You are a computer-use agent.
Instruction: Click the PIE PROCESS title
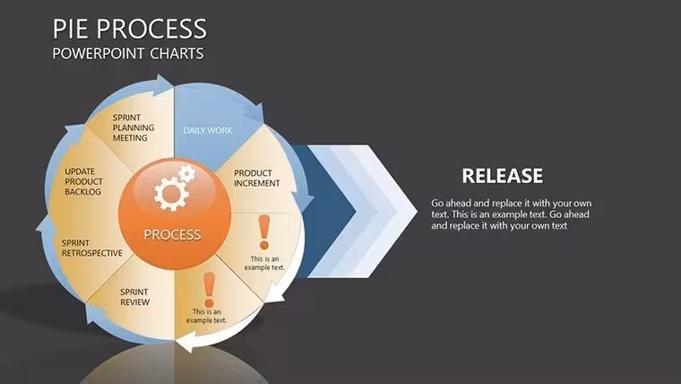tap(129, 29)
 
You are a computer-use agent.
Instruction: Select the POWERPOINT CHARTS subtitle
tap(128, 54)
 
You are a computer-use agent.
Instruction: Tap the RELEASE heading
tap(502, 176)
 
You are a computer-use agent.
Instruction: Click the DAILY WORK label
tap(208, 130)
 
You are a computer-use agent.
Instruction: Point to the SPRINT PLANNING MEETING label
tap(134, 127)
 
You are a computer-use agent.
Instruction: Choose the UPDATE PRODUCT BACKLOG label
tap(84, 181)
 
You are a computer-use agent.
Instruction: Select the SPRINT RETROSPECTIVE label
tap(91, 248)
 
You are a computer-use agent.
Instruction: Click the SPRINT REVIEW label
tap(134, 297)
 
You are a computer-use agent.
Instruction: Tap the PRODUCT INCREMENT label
tap(256, 179)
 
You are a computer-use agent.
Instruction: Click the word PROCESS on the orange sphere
tap(172, 235)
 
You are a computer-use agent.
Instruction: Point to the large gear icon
tap(171, 195)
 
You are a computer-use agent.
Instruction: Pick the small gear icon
tap(186, 173)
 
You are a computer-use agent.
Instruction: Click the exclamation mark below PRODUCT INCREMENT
tap(264, 232)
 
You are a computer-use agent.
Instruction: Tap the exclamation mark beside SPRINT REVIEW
tap(209, 290)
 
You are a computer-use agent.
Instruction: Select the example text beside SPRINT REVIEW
tap(207, 316)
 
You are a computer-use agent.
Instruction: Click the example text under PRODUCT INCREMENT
tap(264, 263)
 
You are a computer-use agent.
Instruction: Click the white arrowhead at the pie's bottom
tap(187, 342)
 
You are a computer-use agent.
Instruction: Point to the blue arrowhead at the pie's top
tap(164, 83)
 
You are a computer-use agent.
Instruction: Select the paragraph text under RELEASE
tap(511, 214)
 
